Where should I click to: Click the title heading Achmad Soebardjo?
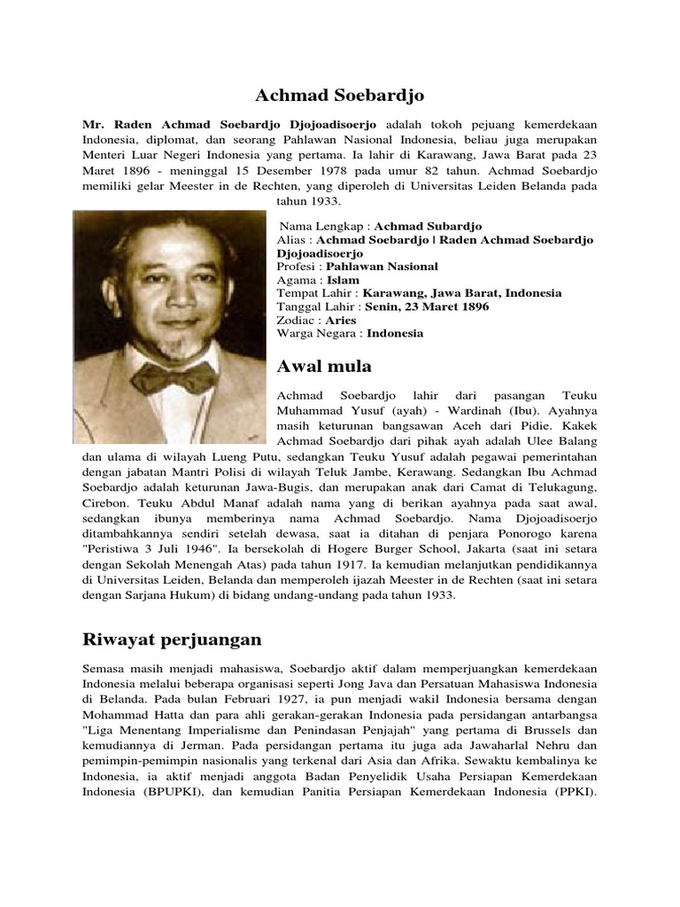tap(339, 96)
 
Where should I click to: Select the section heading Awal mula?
tap(324, 366)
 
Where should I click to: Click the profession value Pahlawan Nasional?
tap(382, 266)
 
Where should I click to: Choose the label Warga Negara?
tap(317, 333)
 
